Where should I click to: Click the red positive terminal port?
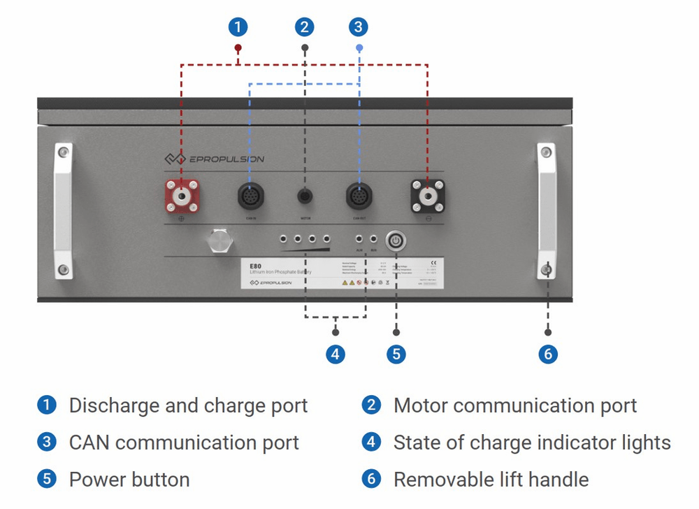pyautogui.click(x=181, y=196)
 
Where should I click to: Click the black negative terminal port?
pyautogui.click(x=427, y=196)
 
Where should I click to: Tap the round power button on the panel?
pyautogui.click(x=396, y=241)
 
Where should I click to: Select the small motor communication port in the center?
pyautogui.click(x=305, y=196)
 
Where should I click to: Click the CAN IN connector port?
pyautogui.click(x=250, y=196)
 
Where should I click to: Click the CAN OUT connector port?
pyautogui.click(x=359, y=196)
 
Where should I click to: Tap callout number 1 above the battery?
pyautogui.click(x=238, y=27)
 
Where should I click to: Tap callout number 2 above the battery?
pyautogui.click(x=304, y=27)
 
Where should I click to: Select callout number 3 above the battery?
pyautogui.click(x=358, y=27)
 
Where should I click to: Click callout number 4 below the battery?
pyautogui.click(x=336, y=354)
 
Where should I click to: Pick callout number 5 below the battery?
pyautogui.click(x=396, y=354)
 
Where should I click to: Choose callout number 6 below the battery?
pyautogui.click(x=548, y=354)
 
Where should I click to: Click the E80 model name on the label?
pyautogui.click(x=255, y=266)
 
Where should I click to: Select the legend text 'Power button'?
pyautogui.click(x=129, y=480)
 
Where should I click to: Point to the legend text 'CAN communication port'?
pyautogui.click(x=184, y=443)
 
